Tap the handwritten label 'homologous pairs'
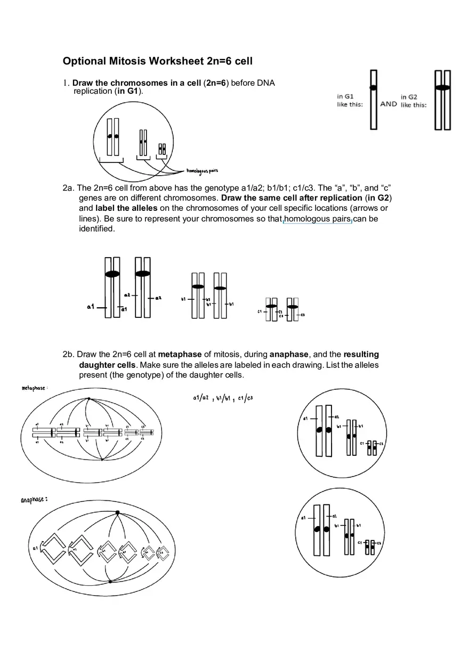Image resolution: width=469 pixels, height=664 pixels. (202, 171)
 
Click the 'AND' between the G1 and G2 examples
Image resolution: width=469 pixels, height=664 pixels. (389, 104)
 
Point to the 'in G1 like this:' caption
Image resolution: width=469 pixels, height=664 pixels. (350, 101)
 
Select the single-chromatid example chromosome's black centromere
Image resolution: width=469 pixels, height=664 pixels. (374, 87)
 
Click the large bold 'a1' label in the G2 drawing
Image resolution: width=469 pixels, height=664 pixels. (91, 307)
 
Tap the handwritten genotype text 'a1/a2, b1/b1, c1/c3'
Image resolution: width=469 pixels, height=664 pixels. (223, 398)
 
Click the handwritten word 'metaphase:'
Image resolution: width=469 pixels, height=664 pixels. (35, 388)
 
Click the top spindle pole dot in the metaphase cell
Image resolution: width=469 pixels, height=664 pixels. (88, 398)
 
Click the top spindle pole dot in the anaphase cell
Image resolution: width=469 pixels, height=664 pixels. (117, 512)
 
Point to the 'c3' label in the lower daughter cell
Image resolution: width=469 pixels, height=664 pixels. (379, 543)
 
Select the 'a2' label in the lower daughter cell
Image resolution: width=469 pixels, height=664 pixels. (334, 516)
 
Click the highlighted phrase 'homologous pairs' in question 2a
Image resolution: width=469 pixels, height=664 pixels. (318, 219)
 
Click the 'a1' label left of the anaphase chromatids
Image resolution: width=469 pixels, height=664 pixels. (35, 547)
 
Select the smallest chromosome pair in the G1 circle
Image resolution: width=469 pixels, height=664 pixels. (162, 149)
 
